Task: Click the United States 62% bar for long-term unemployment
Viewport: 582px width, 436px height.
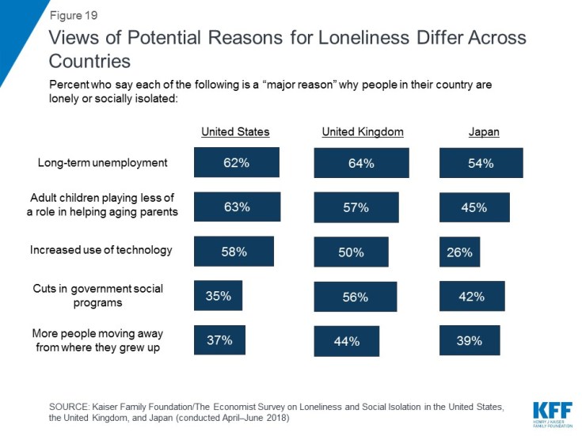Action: coord(237,162)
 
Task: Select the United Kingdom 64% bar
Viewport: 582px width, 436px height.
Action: coord(361,163)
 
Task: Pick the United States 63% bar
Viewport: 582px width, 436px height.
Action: coord(237,207)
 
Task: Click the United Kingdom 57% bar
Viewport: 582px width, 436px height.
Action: coord(356,207)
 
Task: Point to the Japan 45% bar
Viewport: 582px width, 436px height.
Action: coord(474,207)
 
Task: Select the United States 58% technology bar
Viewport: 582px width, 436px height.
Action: coord(234,252)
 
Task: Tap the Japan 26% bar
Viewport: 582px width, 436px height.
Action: coord(459,252)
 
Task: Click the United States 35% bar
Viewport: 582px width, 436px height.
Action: coord(219,296)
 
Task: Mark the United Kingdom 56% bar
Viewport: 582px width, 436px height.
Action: coord(356,297)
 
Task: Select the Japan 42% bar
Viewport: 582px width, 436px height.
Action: coord(472,297)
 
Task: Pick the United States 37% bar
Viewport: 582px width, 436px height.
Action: coord(219,340)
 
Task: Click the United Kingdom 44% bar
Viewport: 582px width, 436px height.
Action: coord(346,341)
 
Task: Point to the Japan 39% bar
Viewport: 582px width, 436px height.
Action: coord(470,340)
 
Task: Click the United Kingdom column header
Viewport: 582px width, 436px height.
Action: coord(363,132)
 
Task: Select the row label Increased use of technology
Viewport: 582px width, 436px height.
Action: coord(101,250)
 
